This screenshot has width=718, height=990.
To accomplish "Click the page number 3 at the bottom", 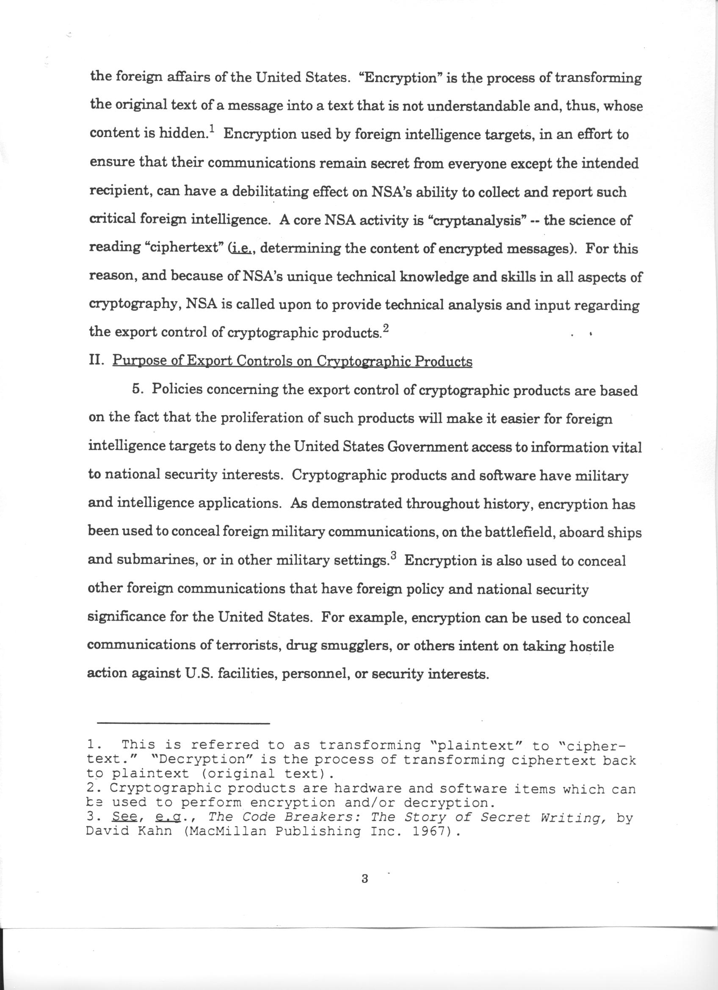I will point(365,879).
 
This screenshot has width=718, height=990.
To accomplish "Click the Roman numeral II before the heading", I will point(96,361).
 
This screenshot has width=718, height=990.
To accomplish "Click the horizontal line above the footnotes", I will point(183,724).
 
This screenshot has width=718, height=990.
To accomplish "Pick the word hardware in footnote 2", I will point(367,789).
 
